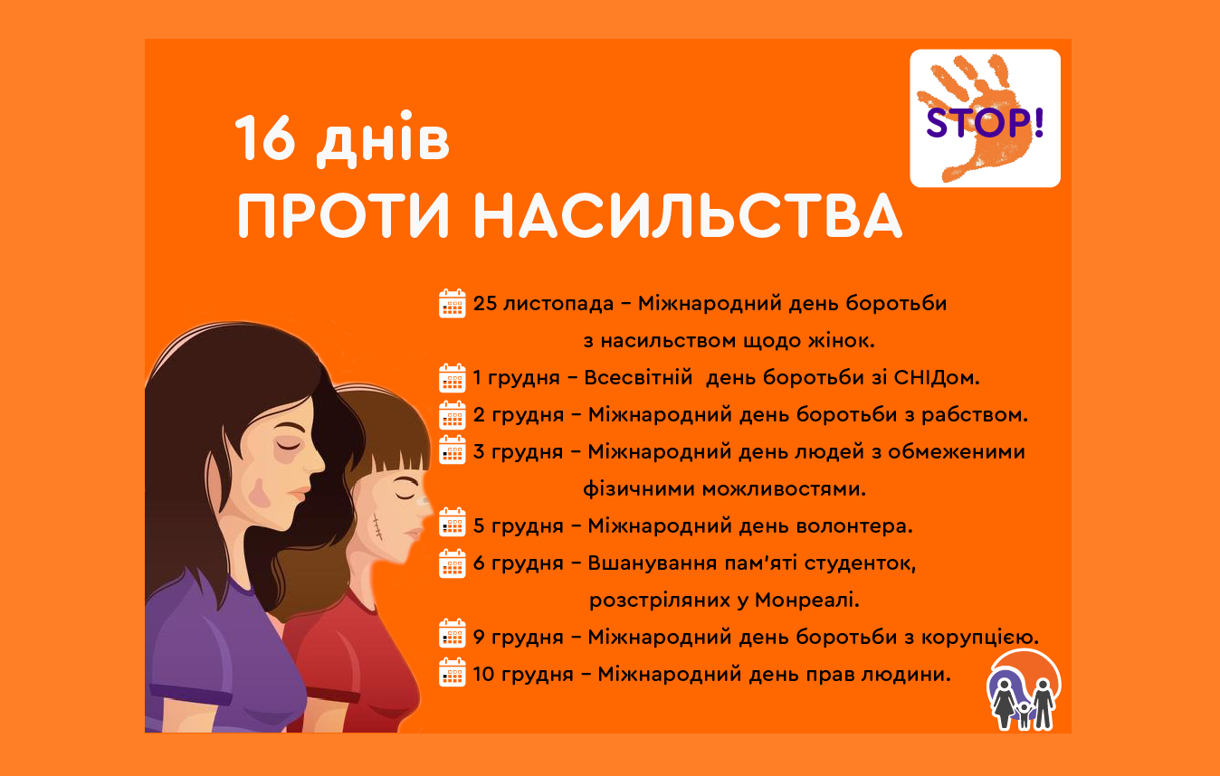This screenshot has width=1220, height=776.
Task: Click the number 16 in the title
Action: point(264,138)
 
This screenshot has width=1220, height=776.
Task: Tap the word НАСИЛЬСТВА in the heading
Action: point(688,215)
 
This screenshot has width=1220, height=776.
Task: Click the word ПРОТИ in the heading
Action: point(343,215)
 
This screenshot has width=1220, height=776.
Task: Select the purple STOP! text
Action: point(985,122)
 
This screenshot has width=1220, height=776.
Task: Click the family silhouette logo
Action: point(1024,690)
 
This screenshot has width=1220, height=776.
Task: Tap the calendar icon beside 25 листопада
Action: point(452,303)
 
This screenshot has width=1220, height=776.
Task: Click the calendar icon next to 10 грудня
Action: point(452,673)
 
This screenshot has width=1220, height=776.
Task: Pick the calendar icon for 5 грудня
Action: point(452,523)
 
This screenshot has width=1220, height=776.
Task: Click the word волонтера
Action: point(854,525)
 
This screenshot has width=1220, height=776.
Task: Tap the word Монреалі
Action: point(807,600)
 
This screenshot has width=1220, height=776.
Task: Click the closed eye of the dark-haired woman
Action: point(288,446)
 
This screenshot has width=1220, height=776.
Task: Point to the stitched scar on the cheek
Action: point(377,526)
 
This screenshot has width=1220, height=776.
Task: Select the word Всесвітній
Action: point(638,377)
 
